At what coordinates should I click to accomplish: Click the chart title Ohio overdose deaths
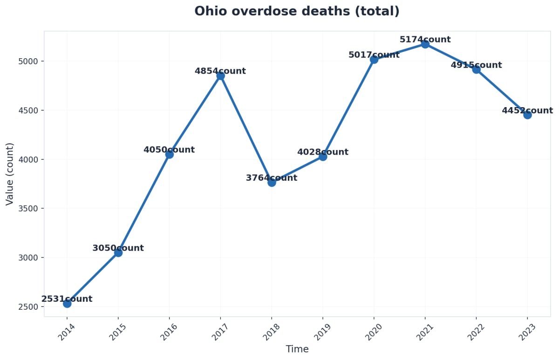(x=297, y=11)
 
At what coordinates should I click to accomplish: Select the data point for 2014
(x=67, y=304)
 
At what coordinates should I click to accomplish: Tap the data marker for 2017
(x=220, y=75)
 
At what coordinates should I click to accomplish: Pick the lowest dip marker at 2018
(x=272, y=182)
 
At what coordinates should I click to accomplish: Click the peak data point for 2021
(x=425, y=44)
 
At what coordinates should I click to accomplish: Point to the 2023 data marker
(x=527, y=115)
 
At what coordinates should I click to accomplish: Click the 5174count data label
(x=425, y=40)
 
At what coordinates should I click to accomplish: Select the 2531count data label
(x=67, y=299)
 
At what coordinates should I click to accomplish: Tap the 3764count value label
(x=271, y=178)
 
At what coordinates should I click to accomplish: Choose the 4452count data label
(x=527, y=111)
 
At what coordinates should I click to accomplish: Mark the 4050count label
(x=169, y=150)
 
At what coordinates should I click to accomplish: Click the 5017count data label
(x=374, y=55)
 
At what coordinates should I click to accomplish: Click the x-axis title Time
(x=297, y=349)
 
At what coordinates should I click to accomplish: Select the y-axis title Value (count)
(x=10, y=174)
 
